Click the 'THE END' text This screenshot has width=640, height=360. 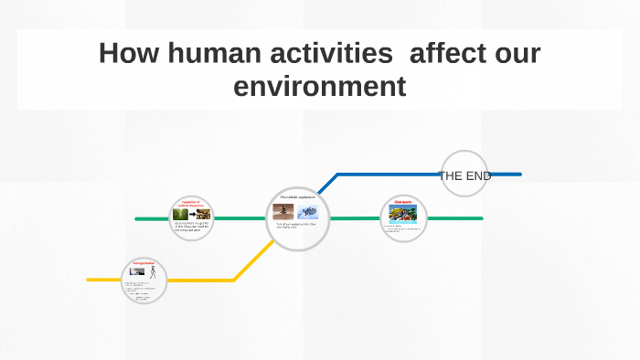click(x=464, y=175)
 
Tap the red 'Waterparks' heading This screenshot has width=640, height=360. click(x=403, y=202)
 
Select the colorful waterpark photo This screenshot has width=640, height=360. click(x=403, y=216)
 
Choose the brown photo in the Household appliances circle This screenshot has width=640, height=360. click(x=283, y=212)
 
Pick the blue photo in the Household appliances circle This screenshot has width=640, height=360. click(x=308, y=213)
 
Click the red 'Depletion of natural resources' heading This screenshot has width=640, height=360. click(x=192, y=203)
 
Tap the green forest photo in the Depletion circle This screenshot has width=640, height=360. click(x=181, y=215)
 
